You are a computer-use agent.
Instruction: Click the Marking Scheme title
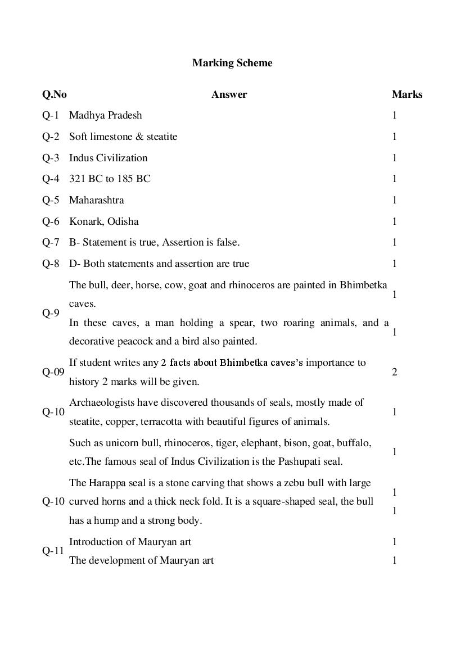click(232, 63)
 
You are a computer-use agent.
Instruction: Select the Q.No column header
click(54, 94)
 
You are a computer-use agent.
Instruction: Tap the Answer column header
click(229, 94)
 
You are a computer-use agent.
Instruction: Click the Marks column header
click(407, 94)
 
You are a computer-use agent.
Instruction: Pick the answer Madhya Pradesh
click(105, 115)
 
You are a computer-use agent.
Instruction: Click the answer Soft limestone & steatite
click(123, 137)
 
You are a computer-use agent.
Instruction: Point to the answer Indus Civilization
click(108, 158)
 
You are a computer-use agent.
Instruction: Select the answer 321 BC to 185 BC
click(110, 179)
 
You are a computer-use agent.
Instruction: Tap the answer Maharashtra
click(96, 200)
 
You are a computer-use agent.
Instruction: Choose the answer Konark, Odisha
click(103, 221)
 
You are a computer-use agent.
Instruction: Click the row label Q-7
click(50, 242)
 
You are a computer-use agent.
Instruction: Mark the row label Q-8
click(50, 264)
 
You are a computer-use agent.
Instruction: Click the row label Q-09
click(53, 372)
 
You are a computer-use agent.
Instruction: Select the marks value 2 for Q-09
click(394, 372)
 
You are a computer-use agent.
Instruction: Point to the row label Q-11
click(53, 551)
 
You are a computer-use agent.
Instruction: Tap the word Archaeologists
click(101, 402)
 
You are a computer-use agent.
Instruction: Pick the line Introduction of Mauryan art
click(130, 542)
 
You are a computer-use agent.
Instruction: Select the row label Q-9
click(50, 313)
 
